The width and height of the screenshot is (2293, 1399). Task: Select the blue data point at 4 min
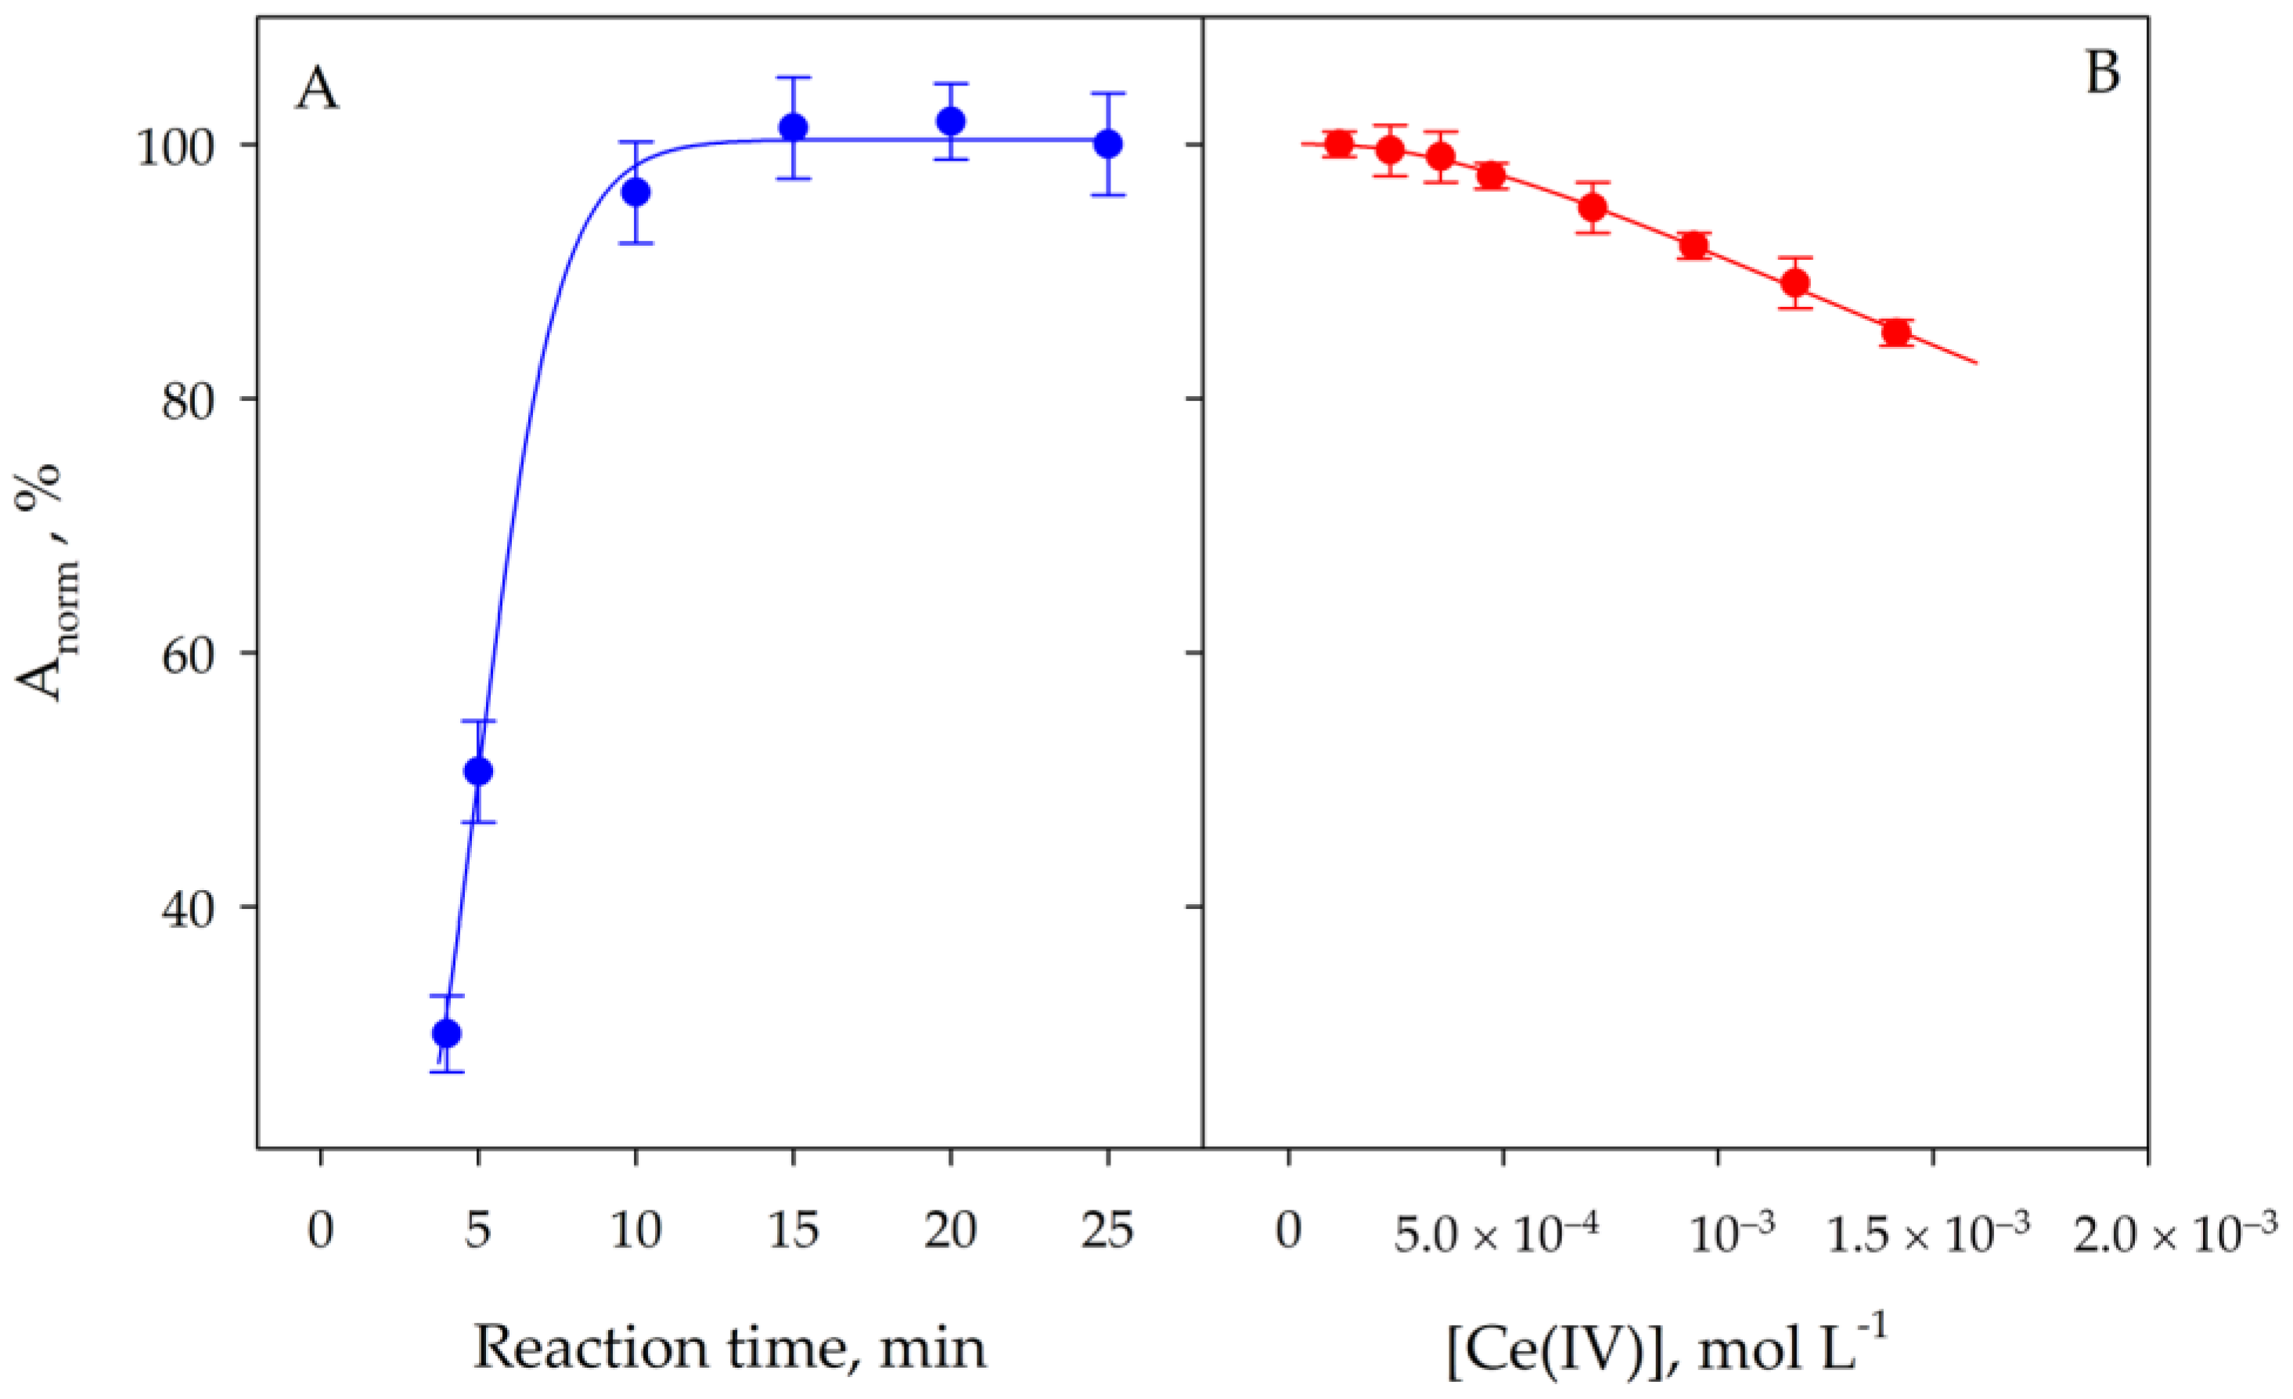click(x=447, y=1033)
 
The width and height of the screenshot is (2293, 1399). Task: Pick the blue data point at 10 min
click(x=635, y=193)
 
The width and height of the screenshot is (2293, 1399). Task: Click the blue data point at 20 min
click(x=950, y=121)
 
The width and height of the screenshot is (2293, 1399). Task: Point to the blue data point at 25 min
click(x=1107, y=144)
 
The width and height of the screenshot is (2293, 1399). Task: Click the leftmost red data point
click(x=1339, y=144)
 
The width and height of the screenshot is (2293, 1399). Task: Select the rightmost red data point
click(x=1896, y=332)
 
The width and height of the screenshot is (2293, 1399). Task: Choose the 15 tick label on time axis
click(x=793, y=1231)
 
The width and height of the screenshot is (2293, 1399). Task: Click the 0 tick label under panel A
click(x=320, y=1231)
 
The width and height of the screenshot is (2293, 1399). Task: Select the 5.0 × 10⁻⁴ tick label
click(x=1496, y=1235)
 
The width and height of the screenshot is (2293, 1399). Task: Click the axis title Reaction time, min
click(x=729, y=1348)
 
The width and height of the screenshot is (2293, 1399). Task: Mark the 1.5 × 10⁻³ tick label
click(x=1928, y=1235)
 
